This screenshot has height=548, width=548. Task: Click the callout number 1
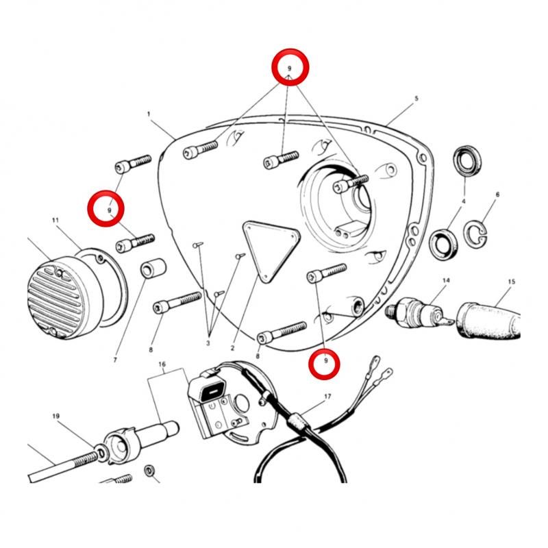tap(149, 114)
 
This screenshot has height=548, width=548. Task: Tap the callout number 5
tap(416, 99)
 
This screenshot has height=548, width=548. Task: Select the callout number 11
tap(55, 220)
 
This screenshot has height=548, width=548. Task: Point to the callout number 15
tap(511, 282)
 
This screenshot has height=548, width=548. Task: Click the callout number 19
tap(56, 416)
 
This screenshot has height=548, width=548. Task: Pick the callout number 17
tap(327, 397)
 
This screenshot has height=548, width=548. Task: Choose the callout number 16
tap(162, 364)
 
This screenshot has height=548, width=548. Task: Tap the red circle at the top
tap(290, 66)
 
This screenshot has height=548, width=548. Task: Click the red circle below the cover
tap(324, 364)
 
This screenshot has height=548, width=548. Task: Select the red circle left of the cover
tap(106, 209)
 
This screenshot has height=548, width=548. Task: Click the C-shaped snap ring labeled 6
tap(475, 234)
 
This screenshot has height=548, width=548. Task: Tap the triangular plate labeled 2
tap(271, 249)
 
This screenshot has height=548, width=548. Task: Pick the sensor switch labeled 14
tap(419, 312)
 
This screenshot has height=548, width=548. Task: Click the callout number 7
tap(115, 360)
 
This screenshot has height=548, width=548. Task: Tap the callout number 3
tap(208, 343)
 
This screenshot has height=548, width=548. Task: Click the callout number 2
tap(232, 348)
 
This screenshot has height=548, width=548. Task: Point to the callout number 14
tap(446, 280)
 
